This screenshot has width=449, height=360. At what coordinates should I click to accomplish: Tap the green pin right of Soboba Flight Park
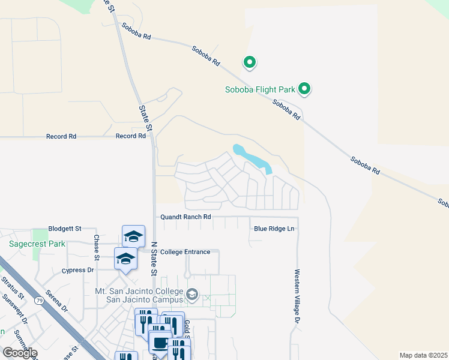pos(304,89)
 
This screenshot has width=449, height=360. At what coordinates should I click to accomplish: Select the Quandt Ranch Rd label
pos(185,217)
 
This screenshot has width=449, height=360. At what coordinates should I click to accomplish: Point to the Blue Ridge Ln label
pos(274,229)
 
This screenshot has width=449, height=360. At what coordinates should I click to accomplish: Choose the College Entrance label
pos(185,252)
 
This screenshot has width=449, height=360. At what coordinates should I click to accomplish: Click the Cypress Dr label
pos(78,271)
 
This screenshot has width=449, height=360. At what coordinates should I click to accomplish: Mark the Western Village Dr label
pos(297,298)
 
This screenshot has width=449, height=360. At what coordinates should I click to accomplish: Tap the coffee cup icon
pos(160,343)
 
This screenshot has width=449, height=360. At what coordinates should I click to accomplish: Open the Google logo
pos(20,353)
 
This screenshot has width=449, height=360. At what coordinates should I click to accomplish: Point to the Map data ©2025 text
pos(423,355)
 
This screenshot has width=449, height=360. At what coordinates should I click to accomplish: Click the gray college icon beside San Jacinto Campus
pos(192,295)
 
